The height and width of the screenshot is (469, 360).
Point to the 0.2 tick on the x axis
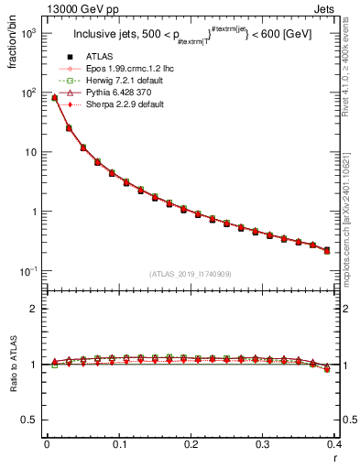pos(191,447)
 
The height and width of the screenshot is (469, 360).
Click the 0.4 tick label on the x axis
pos(335,447)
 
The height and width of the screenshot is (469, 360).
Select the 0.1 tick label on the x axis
pos(118,447)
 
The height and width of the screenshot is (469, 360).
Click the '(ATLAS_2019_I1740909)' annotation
pos(191,274)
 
